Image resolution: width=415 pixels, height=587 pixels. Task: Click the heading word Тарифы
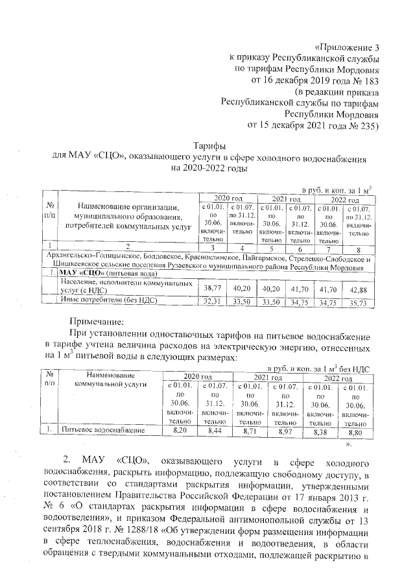207,147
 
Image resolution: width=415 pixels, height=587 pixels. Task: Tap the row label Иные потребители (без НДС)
106,300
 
